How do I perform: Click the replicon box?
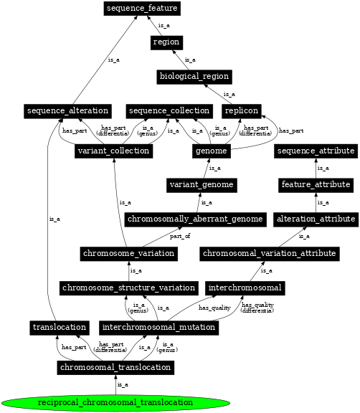pyautogui.click(x=241, y=111)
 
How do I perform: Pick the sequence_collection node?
pyautogui.click(x=169, y=111)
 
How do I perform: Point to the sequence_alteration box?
pyautogui.click(x=67, y=111)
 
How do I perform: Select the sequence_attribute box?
pyautogui.click(x=316, y=151)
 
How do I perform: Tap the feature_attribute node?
pyautogui.click(x=316, y=185)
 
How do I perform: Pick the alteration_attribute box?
pyautogui.click(x=316, y=219)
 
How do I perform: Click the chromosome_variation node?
pyautogui.click(x=129, y=254)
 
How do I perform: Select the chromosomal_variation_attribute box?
pyautogui.click(x=269, y=254)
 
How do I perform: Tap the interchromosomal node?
pyautogui.click(x=246, y=288)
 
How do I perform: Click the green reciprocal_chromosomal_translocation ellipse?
pyautogui.click(x=115, y=402)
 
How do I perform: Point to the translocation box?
pyautogui.click(x=60, y=327)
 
